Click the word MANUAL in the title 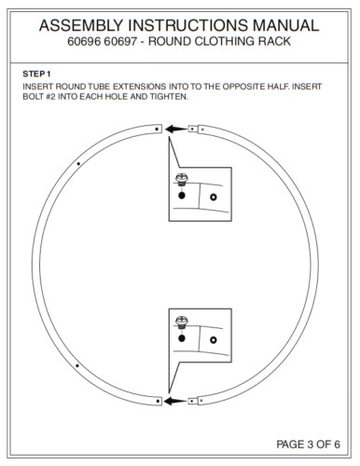286,25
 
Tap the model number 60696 84,41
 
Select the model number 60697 120,41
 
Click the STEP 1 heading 36,74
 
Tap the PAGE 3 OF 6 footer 308,445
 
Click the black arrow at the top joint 176,129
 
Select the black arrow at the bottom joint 175,402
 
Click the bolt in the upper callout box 182,180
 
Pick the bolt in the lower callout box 182,322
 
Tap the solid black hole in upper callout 182,196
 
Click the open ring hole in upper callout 214,197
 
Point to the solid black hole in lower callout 182,338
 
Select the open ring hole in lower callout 214,340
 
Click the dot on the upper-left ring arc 78,163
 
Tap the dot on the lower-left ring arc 77,365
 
